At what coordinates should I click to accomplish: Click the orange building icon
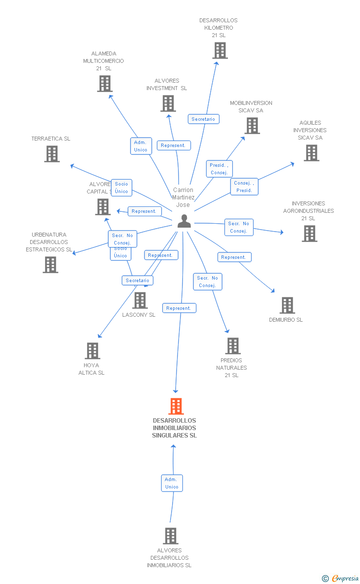[176, 406]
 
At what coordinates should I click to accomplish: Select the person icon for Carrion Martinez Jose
[184, 221]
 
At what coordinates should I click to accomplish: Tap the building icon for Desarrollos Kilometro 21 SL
[220, 50]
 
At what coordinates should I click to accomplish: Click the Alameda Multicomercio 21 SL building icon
[105, 84]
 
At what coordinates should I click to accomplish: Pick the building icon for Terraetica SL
[52, 154]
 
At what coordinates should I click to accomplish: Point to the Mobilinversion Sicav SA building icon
[252, 126]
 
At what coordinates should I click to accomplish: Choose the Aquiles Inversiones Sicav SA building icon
[312, 153]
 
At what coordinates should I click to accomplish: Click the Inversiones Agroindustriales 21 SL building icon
[310, 234]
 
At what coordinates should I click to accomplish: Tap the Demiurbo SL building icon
[287, 305]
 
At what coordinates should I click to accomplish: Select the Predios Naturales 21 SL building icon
[233, 346]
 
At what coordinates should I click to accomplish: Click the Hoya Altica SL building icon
[92, 351]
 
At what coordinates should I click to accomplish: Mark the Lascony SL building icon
[140, 300]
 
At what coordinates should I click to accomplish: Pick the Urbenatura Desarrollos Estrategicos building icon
[50, 265]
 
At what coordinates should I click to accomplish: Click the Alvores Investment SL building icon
[168, 103]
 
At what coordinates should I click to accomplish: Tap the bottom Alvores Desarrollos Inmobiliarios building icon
[171, 536]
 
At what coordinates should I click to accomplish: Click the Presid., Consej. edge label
[219, 169]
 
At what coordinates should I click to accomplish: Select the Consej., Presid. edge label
[244, 187]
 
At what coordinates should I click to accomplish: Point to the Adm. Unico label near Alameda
[141, 146]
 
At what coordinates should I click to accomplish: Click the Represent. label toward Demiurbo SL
[234, 257]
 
